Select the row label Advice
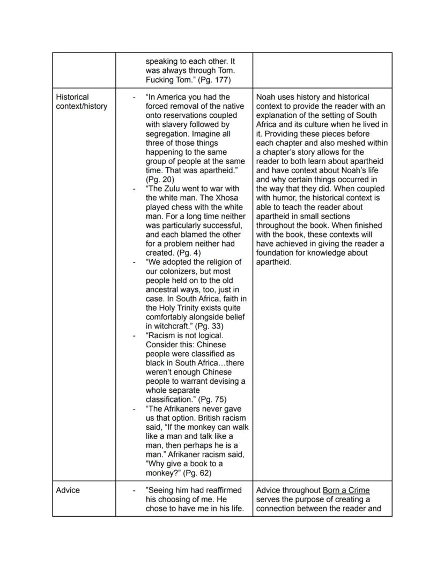pos(68,490)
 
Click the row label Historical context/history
pos(81,102)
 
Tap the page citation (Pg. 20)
pos(160,180)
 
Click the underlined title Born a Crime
pos(346,490)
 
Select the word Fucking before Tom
pos(161,80)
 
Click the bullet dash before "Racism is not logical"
pos(134,336)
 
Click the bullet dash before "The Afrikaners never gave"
pos(134,408)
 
